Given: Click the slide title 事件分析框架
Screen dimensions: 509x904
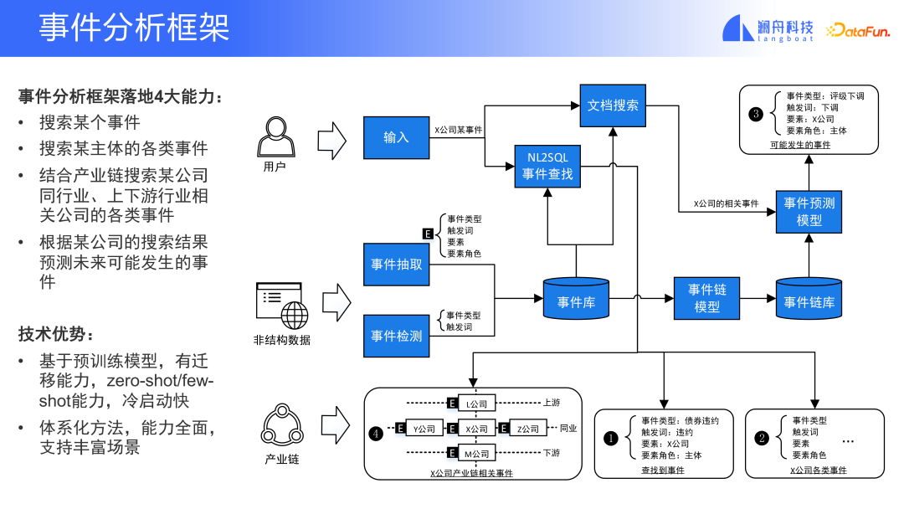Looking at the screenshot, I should (x=134, y=28).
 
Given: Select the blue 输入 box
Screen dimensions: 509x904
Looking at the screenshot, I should (x=396, y=137).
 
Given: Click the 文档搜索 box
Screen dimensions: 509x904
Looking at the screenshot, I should (x=613, y=105).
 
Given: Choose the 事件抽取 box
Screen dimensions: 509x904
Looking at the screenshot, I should (x=396, y=264).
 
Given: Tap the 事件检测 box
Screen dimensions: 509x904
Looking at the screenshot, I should (x=396, y=336).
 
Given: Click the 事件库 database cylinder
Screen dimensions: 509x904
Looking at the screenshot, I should (x=575, y=299).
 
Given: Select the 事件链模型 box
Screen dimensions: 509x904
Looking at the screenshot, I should (x=707, y=298).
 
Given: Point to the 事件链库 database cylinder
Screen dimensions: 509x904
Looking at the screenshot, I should (x=809, y=299).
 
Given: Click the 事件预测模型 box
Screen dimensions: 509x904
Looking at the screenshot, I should (x=809, y=211).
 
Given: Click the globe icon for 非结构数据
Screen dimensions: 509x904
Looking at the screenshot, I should (x=294, y=316).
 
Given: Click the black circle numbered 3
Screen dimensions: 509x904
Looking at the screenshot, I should (x=757, y=114).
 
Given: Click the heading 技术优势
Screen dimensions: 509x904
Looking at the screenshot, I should (x=52, y=334).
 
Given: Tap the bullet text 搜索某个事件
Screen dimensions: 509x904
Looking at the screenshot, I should (x=90, y=122).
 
